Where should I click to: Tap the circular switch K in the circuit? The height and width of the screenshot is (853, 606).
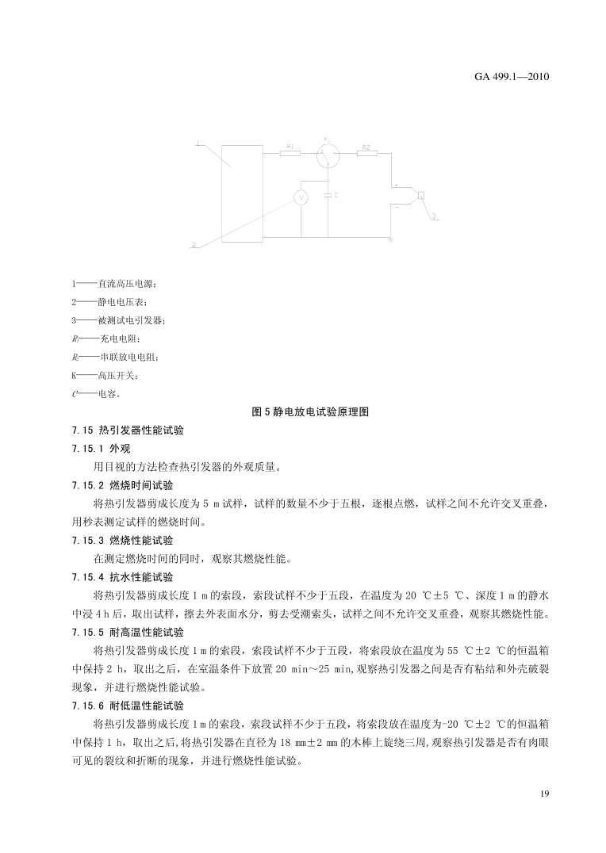point(328,156)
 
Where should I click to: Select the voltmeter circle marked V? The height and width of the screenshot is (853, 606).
point(301,198)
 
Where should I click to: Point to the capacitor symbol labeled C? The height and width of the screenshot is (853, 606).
point(328,194)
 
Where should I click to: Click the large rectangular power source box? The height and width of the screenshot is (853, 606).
point(243,194)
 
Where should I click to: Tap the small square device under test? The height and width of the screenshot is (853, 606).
point(423,196)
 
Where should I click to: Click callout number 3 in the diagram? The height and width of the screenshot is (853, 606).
point(434,216)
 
